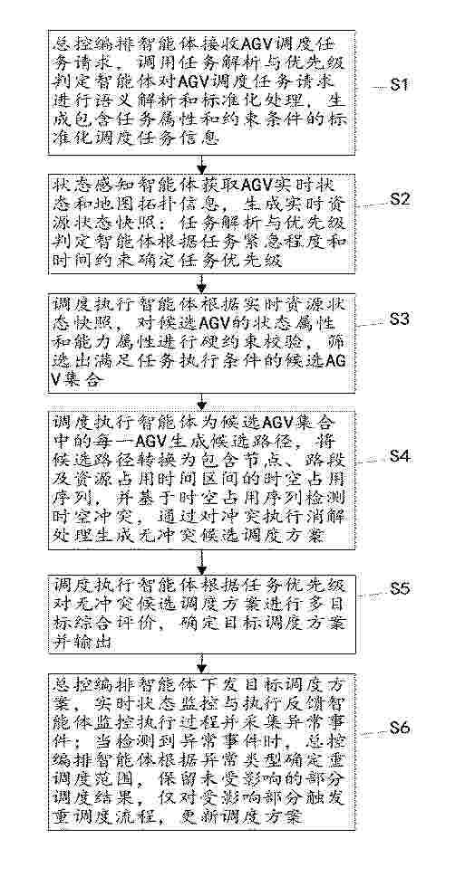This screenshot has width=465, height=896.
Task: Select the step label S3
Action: (x=399, y=319)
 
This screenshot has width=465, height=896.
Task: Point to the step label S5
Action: (x=400, y=589)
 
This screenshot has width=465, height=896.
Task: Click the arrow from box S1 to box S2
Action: (x=200, y=164)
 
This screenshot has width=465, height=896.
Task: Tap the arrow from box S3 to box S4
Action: (x=200, y=401)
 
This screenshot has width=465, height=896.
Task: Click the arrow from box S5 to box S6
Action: (x=200, y=663)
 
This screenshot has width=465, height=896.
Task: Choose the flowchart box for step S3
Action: (x=201, y=343)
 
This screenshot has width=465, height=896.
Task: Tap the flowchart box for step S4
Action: (x=201, y=481)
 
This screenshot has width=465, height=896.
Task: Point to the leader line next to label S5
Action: (x=372, y=595)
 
